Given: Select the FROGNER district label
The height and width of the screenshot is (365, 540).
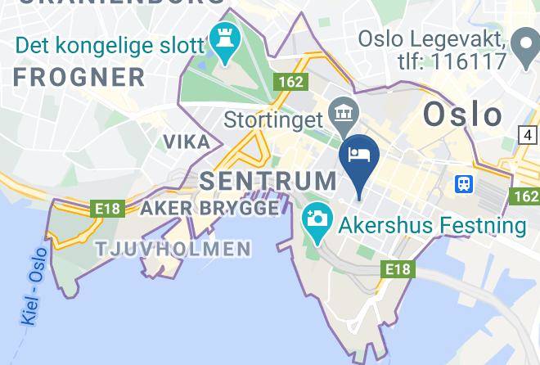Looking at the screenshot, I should (79, 78).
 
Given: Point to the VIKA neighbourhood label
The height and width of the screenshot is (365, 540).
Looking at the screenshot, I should (187, 142).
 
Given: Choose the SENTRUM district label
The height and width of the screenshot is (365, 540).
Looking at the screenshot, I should (268, 180).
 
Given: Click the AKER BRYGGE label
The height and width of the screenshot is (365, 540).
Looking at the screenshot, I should (209, 208).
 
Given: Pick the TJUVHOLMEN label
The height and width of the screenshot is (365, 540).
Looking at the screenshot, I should (173, 248).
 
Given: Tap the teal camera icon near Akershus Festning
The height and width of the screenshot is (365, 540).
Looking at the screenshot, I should (316, 219).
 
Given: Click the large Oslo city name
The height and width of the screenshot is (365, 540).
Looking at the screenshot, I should (462, 115).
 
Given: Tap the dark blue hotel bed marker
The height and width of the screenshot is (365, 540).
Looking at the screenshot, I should (360, 155).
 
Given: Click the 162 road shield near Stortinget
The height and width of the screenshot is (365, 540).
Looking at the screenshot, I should (290, 82).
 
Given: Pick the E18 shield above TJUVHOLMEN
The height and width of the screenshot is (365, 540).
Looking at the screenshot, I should (108, 209).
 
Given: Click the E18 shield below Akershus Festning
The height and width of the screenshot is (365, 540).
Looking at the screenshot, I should (398, 268).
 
